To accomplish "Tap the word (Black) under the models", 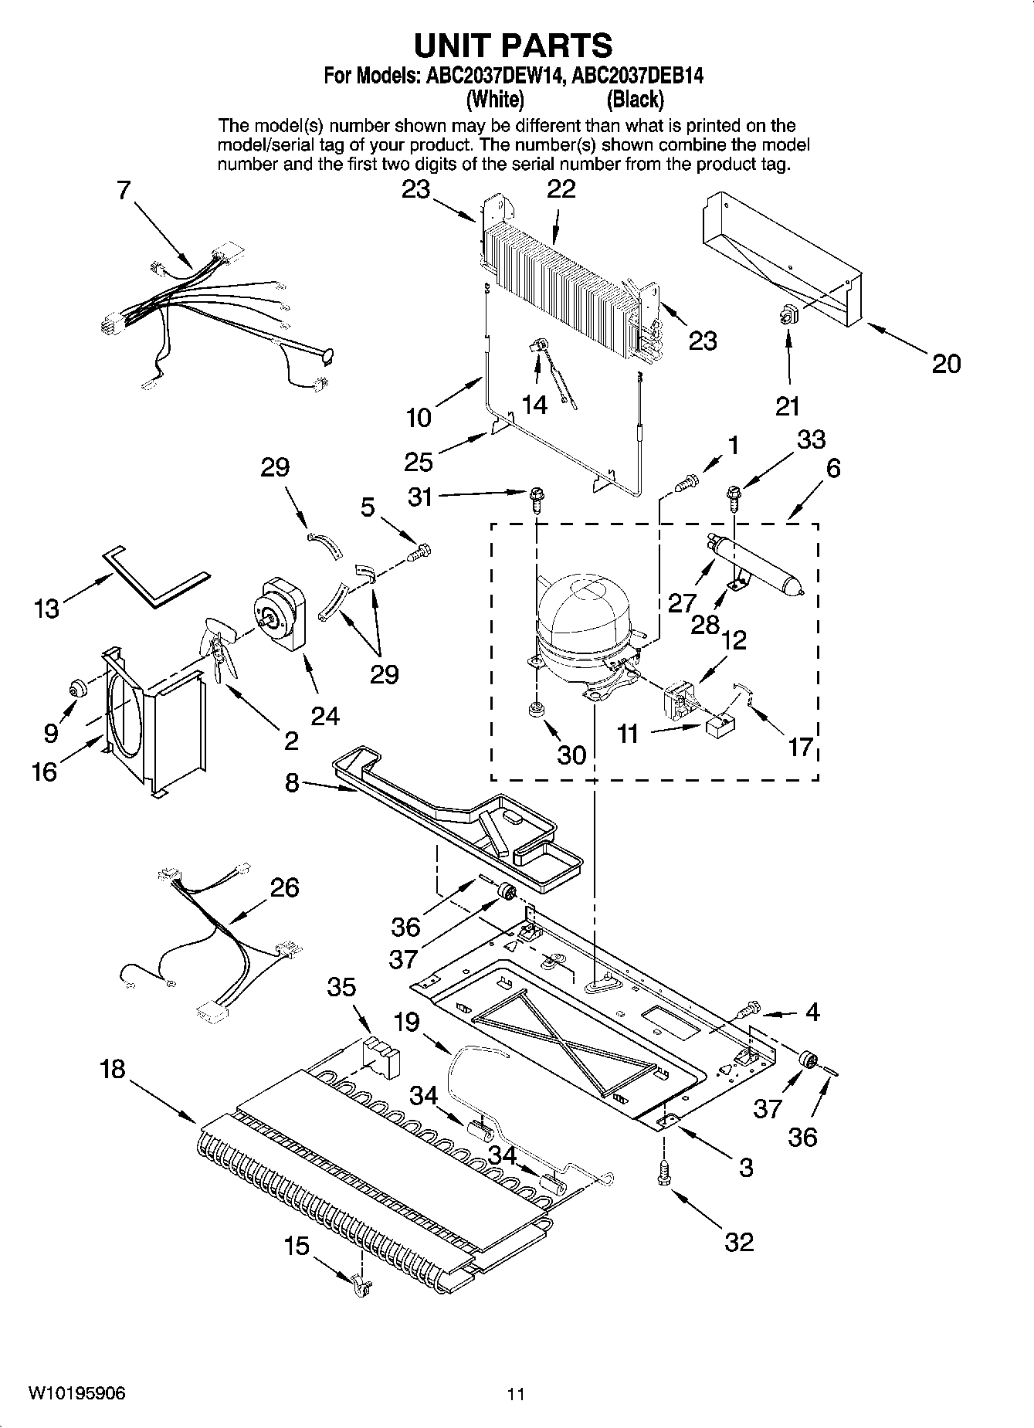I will pos(635,100).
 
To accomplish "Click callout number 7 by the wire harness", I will pos(124,190).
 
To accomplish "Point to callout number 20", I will pos(946,363).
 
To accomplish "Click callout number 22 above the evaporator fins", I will pos(561,189).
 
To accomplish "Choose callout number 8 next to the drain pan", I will pos(291,783).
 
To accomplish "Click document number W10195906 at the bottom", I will pos(77,1393).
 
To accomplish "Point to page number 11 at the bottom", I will pos(516,1394).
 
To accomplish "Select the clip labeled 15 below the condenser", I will pos(361,1286).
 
